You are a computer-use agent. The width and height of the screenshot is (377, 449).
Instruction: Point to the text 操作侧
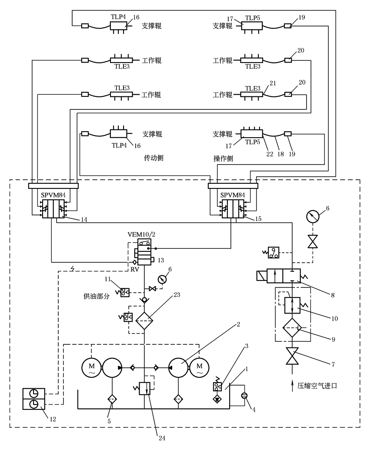point(223,158)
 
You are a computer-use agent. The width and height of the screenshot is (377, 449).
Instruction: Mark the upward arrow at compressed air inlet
point(288,383)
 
